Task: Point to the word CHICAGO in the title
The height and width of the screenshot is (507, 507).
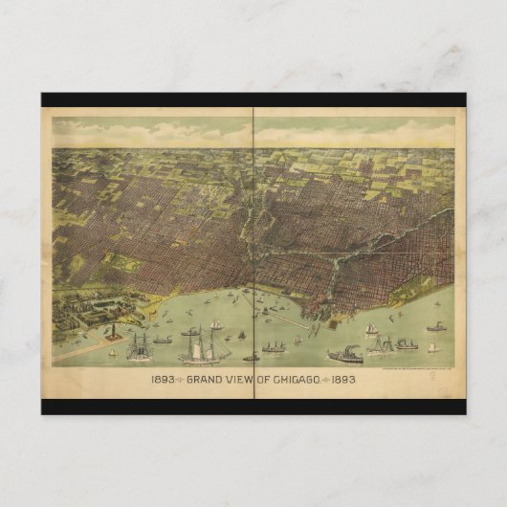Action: pos(305,377)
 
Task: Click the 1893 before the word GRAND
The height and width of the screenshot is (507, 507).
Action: pos(163,377)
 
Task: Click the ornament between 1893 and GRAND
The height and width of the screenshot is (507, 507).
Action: pos(180,377)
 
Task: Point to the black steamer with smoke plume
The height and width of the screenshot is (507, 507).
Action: pos(344,355)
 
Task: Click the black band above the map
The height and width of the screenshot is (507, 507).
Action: pos(253,99)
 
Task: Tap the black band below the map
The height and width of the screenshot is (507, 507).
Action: pos(253,406)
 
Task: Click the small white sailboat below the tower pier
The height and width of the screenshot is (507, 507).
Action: pos(113,351)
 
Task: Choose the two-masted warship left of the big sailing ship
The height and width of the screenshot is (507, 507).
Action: pos(140,345)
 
